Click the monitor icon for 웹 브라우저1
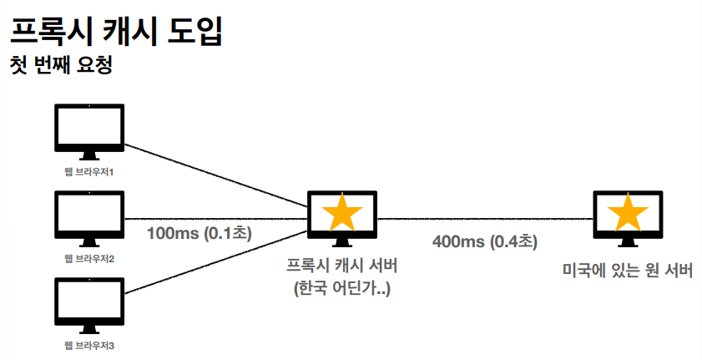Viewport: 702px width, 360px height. tap(88, 129)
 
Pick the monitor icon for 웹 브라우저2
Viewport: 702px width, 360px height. tap(88, 215)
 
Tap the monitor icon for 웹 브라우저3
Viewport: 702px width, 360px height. tap(88, 302)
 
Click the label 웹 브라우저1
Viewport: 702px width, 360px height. tap(88, 171)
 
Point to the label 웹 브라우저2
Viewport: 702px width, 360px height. tap(88, 258)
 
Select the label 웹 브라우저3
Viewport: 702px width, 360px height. tap(88, 345)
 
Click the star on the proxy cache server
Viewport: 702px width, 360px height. tap(342, 214)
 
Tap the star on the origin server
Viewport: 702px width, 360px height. tap(626, 214)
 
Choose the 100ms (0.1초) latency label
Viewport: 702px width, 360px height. tap(199, 232)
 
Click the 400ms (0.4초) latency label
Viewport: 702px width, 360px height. tap(485, 241)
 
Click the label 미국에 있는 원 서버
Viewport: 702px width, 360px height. tap(627, 271)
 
